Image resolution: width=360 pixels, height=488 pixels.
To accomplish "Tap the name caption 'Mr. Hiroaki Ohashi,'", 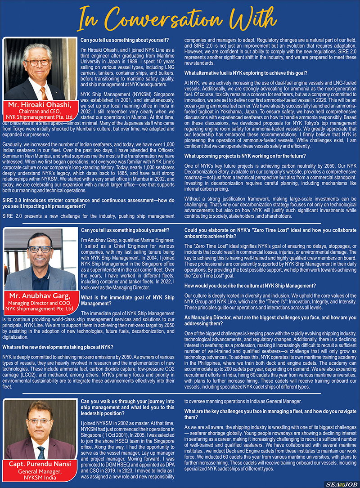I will [x=40, y=105].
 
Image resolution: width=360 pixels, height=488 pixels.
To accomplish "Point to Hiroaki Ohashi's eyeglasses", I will [x=37, y=62].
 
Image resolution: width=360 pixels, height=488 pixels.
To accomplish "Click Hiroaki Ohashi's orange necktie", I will [x=43, y=92].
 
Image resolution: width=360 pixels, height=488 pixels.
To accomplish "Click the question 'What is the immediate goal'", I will [x=127, y=300].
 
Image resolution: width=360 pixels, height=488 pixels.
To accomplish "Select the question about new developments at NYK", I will [x=58, y=347].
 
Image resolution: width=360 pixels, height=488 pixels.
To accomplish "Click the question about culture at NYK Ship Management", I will [x=250, y=286].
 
